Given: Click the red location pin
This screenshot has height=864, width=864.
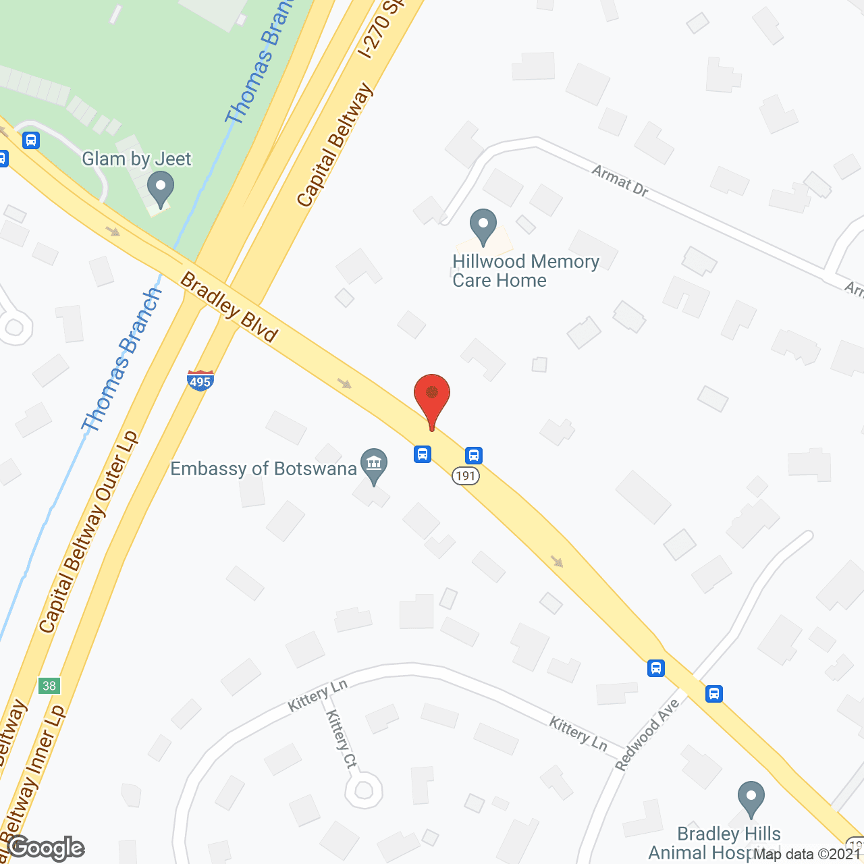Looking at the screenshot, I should tap(432, 398).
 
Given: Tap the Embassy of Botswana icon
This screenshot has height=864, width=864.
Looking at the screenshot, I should tap(373, 464).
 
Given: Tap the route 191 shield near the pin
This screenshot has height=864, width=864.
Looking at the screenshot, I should tap(466, 476).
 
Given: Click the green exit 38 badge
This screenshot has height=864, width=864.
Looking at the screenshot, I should tap(49, 686).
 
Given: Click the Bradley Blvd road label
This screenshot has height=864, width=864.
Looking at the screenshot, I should tap(230, 307).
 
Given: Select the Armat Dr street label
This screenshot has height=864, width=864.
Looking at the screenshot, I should tap(620, 181).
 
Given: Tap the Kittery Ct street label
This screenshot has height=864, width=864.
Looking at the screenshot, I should tap(342, 739).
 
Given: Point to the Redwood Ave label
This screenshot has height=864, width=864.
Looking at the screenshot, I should tap(647, 734).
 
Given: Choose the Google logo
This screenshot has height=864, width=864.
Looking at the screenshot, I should tap(46, 848).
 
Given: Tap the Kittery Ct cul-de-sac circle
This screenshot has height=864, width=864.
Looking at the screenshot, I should tap(364, 790).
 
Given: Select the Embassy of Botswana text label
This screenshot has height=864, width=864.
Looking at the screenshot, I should tap(263, 468).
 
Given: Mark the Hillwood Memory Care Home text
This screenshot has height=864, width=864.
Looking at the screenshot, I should tap(525, 271).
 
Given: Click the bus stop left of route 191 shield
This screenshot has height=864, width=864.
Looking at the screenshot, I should tap(423, 454).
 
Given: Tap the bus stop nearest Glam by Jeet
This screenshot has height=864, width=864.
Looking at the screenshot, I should tap(31, 140).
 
